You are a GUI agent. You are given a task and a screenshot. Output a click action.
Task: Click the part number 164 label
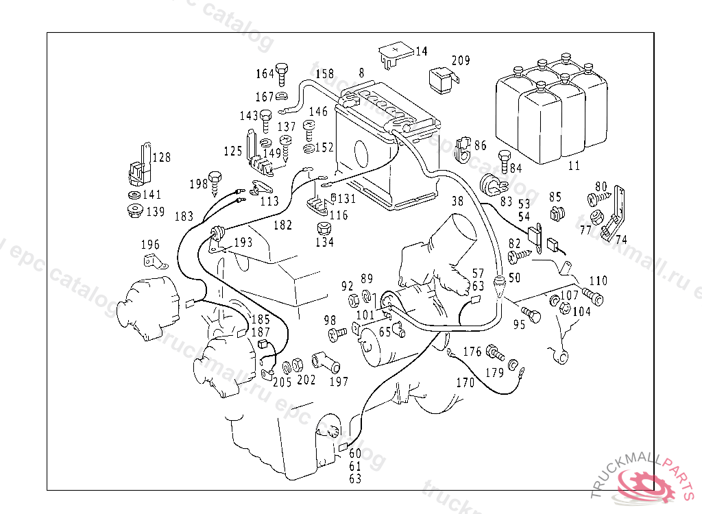tap(265, 74)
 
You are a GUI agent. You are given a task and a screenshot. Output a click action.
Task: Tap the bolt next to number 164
tap(282, 73)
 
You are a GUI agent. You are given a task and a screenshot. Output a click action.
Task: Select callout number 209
tap(461, 61)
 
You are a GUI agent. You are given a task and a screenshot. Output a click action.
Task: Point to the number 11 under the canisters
tap(574, 165)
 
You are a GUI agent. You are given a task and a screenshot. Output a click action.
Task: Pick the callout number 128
tap(161, 158)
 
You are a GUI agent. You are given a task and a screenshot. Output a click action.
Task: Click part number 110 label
tap(598, 281)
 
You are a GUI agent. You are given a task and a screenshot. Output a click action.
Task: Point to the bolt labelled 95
tap(533, 315)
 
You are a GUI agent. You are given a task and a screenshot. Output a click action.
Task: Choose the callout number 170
tap(465, 383)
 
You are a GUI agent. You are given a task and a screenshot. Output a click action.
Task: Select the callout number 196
tap(150, 245)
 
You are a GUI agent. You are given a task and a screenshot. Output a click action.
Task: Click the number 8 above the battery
tap(361, 73)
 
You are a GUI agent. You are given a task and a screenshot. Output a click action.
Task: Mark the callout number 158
tap(325, 74)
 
